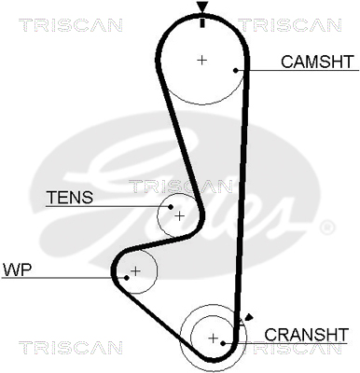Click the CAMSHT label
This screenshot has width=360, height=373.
tap(317, 62)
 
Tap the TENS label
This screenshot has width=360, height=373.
tap(70, 197)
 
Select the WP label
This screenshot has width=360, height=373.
tap(17, 269)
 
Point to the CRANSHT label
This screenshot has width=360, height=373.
tap(306, 335)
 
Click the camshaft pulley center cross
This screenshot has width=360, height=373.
tap(202, 60)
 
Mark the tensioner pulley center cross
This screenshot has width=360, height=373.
tap(180, 215)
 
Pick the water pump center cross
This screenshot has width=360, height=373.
tap(135, 271)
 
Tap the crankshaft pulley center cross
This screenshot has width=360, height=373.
tap(213, 338)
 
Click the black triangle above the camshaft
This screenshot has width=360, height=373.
tap(202, 7)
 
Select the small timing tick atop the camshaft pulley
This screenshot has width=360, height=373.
tap(202, 22)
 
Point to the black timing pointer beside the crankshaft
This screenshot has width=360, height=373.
tap(249, 318)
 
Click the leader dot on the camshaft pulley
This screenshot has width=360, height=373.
tap(236, 70)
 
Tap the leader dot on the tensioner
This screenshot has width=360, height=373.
tap(171, 207)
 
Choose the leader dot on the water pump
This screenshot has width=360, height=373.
tap(127, 278)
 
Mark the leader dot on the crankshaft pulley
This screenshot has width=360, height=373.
tap(223, 343)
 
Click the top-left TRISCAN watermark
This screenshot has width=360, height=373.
tap(70, 25)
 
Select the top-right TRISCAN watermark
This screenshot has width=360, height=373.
tap(289, 25)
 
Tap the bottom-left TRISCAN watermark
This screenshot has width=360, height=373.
tap(70, 347)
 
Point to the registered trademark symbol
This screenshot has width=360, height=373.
tap(327, 228)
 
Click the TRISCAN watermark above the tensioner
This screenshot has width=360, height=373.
tap(180, 186)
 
